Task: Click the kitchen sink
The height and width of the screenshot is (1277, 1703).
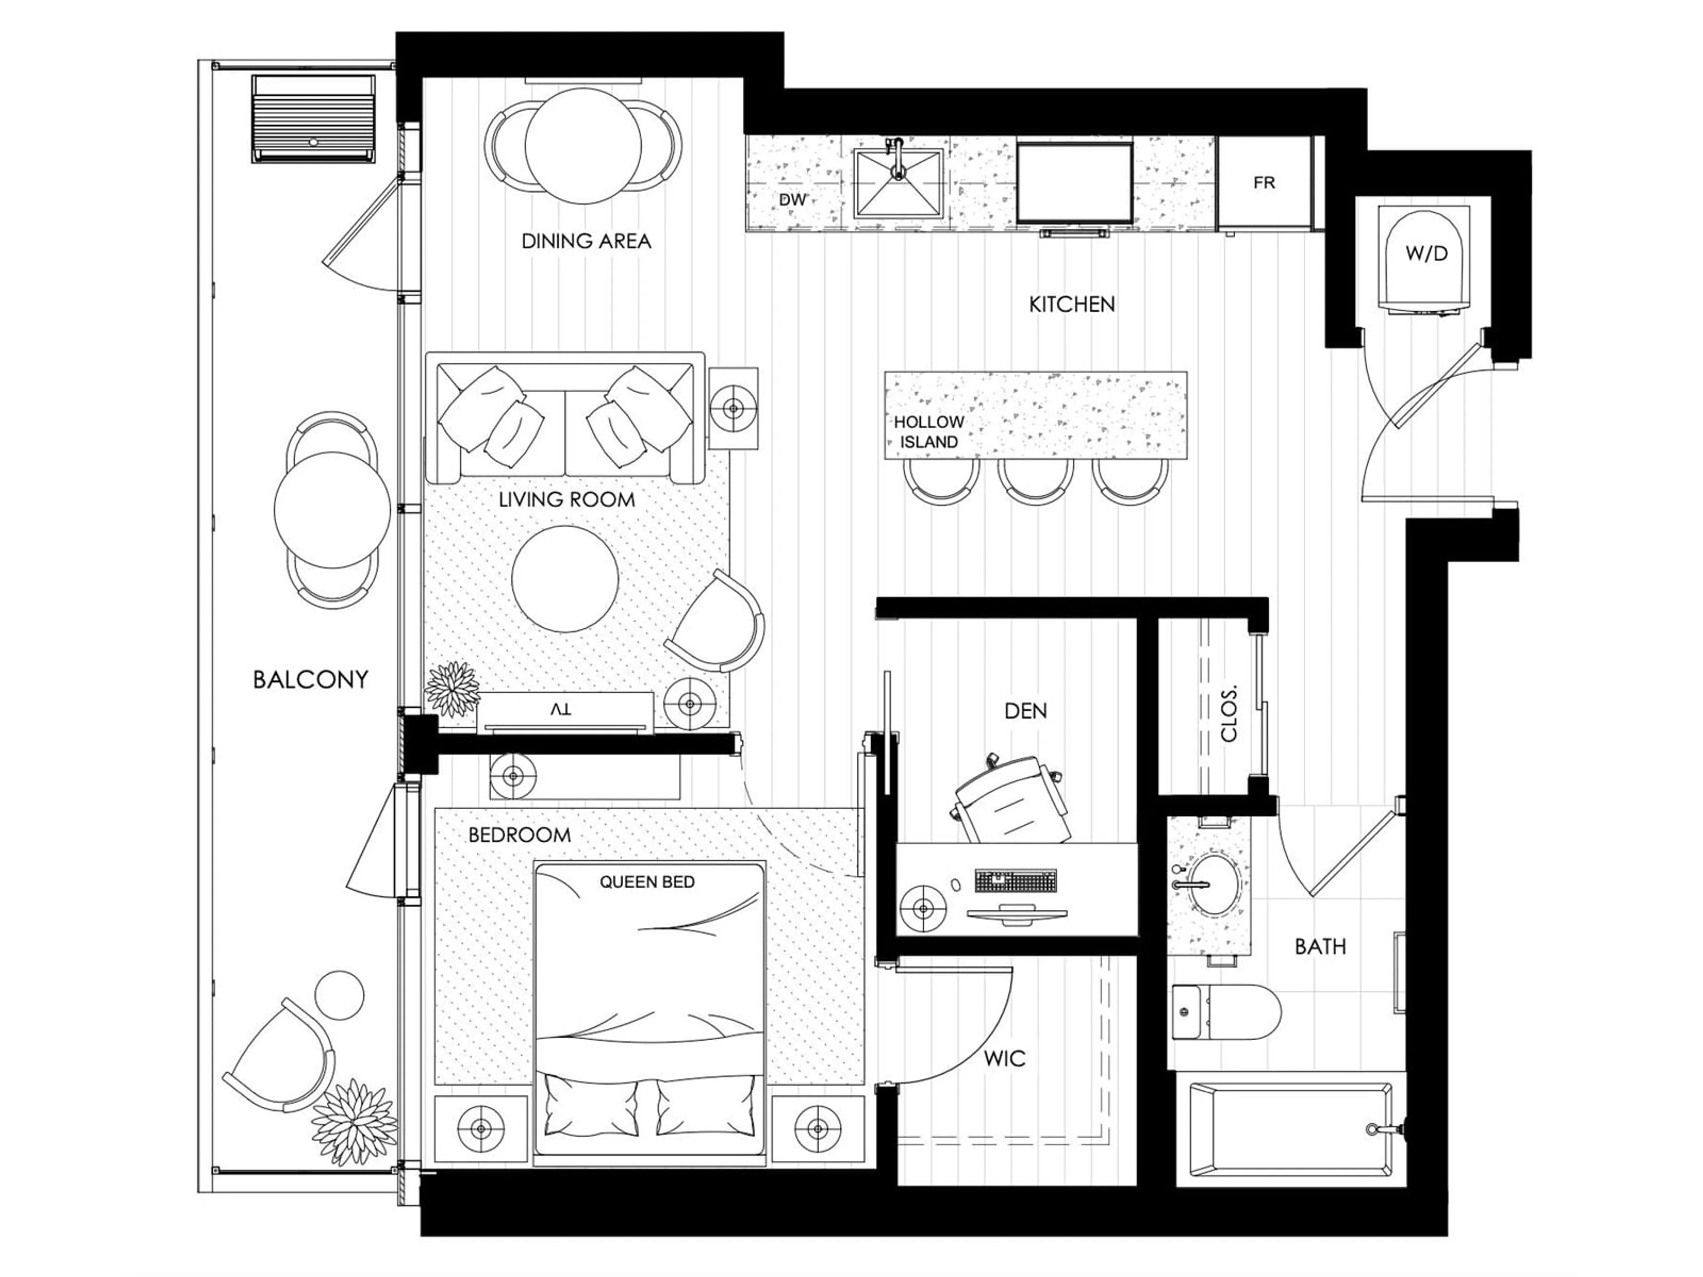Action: coord(898,185)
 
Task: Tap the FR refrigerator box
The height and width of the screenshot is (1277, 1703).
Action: coord(1264,183)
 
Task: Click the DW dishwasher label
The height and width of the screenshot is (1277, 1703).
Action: coord(792,200)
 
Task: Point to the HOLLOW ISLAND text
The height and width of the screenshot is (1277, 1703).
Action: coord(929,432)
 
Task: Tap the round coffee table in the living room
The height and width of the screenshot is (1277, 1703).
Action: coord(564,579)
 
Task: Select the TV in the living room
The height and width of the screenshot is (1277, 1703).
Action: coord(564,710)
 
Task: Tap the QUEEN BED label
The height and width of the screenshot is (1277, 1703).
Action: coord(647,882)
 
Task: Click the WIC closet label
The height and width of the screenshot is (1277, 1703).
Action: coord(1005,1059)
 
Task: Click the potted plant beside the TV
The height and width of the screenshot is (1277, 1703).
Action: coord(452,687)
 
